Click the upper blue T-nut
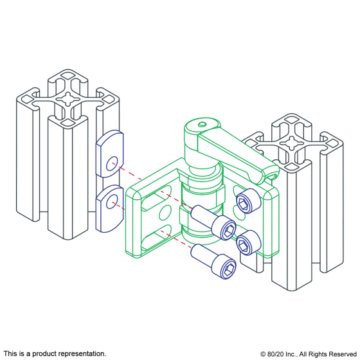[x=109, y=154]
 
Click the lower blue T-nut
[x=109, y=208]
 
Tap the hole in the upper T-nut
[x=112, y=163]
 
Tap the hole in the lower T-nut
[x=112, y=201]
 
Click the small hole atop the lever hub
[x=203, y=124]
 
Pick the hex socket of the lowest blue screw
[x=230, y=269]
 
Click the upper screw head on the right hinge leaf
[x=249, y=201]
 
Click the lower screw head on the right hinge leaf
[x=249, y=242]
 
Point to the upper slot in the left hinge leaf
[x=157, y=198]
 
